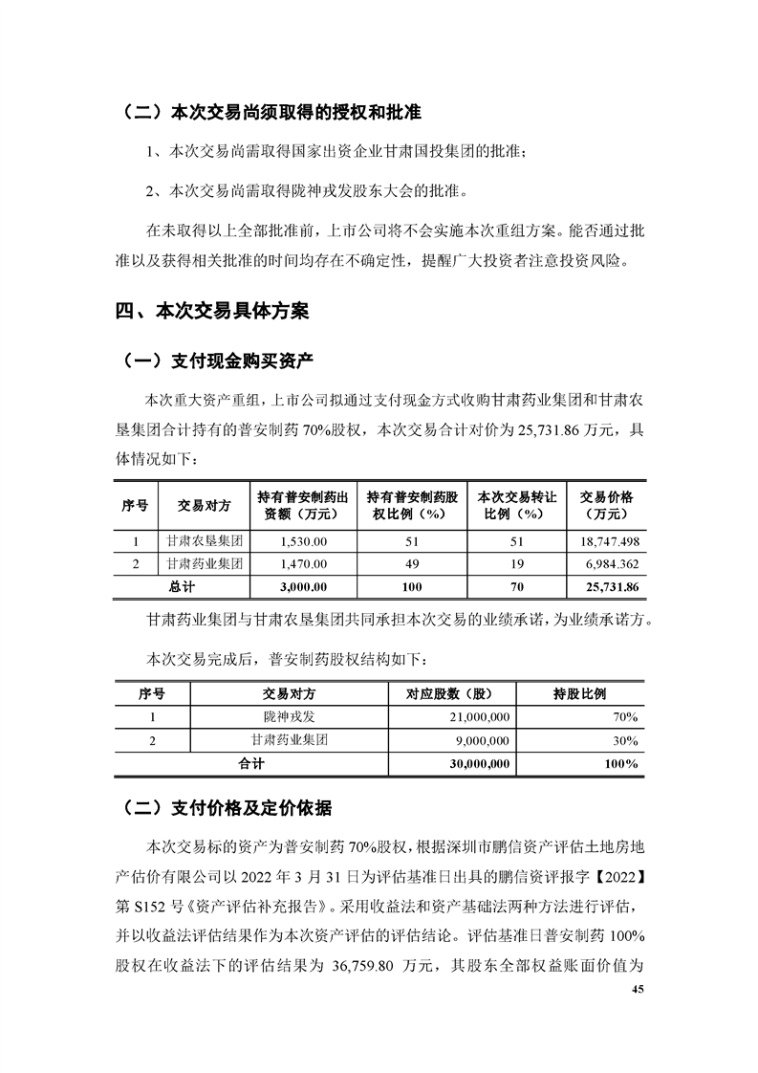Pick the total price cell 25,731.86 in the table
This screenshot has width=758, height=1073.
[x=608, y=585]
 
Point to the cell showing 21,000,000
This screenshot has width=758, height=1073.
[x=480, y=717]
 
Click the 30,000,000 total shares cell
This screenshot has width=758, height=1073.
[x=479, y=763]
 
